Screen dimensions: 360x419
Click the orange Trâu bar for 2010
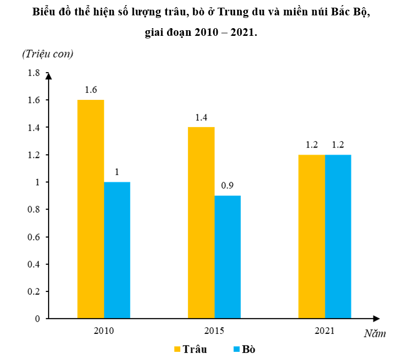coord(91,209)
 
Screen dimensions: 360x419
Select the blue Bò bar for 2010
coord(117,250)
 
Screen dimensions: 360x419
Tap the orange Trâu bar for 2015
coord(201,223)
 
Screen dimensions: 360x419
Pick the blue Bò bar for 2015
coord(227,257)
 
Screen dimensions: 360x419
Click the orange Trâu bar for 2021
coord(311,237)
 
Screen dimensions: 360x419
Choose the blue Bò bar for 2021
coord(338,237)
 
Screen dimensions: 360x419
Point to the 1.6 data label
coord(91,90)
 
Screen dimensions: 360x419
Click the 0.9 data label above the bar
coord(227,185)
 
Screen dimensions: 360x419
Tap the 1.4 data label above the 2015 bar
coord(201,117)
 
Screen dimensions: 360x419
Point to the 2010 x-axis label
coord(104,330)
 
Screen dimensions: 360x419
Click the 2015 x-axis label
coord(214,330)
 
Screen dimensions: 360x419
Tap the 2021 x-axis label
coord(325,330)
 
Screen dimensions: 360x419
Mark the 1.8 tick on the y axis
coord(34,73)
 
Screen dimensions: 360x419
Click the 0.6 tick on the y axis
coord(34,237)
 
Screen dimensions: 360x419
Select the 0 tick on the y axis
coord(37,319)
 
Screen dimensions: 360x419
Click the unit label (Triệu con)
coord(48,53)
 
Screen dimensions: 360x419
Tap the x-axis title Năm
coord(374,334)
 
